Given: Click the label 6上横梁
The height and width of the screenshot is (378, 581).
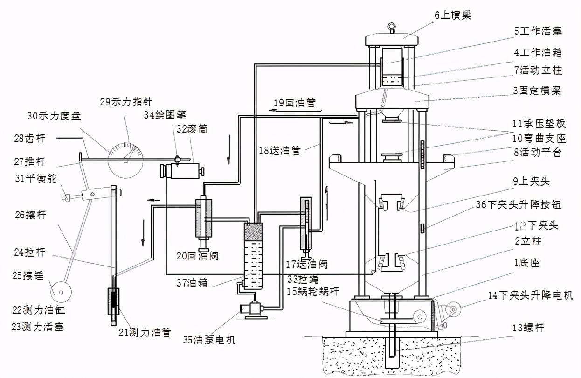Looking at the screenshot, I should pyautogui.click(x=453, y=15).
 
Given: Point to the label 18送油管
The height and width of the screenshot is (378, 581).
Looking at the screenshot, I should pyautogui.click(x=280, y=150).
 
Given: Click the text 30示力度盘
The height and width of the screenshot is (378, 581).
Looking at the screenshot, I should pyautogui.click(x=54, y=116).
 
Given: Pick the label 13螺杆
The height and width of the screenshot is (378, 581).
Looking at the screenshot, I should pyautogui.click(x=528, y=328).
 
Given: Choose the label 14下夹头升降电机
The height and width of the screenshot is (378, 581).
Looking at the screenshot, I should pyautogui.click(x=530, y=295).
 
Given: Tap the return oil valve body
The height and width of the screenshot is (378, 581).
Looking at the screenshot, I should pyautogui.click(x=204, y=217).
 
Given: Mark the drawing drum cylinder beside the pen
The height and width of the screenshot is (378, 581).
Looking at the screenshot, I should pyautogui.click(x=182, y=171).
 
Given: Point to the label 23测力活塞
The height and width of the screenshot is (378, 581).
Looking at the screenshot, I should pyautogui.click(x=37, y=327).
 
